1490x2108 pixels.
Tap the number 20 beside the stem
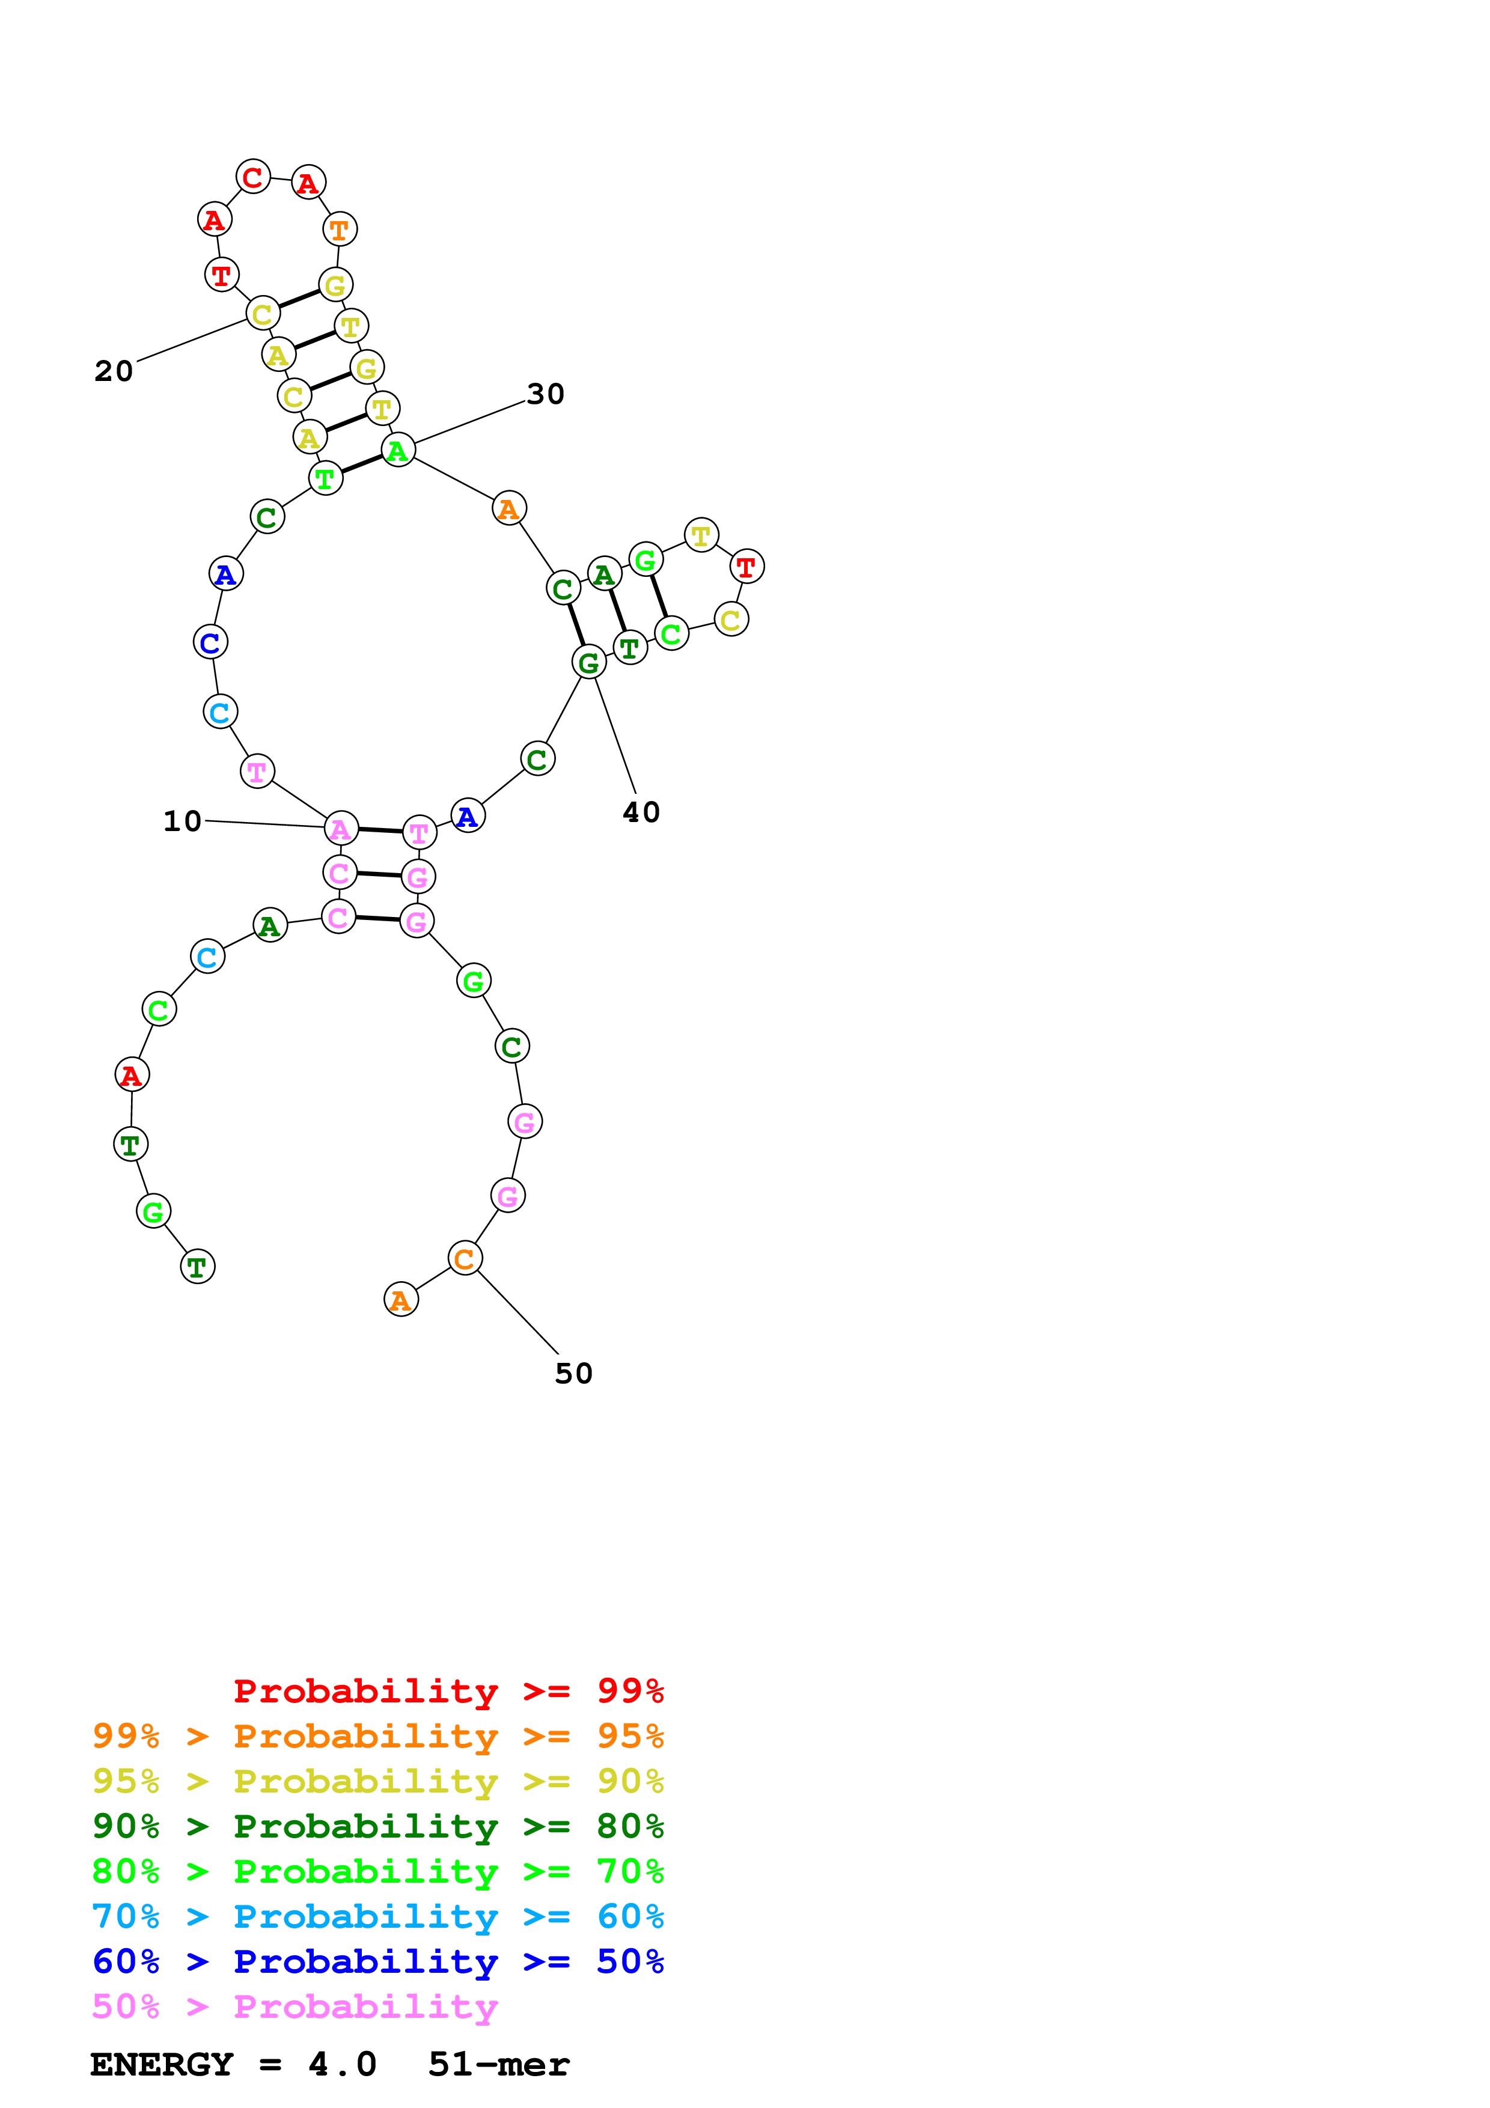(x=114, y=371)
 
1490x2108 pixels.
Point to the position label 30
(x=545, y=394)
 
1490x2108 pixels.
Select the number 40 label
(x=641, y=812)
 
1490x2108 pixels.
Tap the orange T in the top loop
(x=340, y=230)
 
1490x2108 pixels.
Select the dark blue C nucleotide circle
(x=210, y=642)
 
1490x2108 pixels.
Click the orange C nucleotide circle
(x=465, y=1258)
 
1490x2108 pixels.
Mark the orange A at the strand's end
(x=401, y=1299)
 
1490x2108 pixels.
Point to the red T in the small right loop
(x=747, y=567)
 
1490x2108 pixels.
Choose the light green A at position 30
(x=397, y=450)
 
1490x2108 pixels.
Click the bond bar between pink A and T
(x=380, y=830)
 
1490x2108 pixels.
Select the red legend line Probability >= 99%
(x=448, y=1691)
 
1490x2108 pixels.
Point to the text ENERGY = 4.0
(x=233, y=2065)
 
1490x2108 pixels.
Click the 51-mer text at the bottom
(x=498, y=2065)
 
